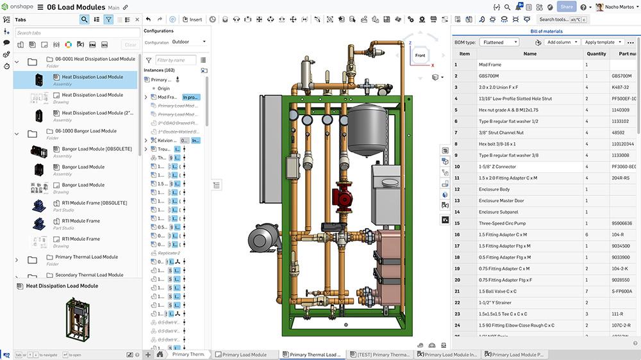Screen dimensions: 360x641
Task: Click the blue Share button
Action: [x=566, y=7]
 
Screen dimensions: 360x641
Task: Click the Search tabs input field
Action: [x=77, y=33]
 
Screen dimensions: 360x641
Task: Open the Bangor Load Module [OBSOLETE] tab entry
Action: [x=96, y=149]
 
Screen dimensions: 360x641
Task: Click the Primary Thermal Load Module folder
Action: [x=86, y=257]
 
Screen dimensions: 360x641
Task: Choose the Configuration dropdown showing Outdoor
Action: [x=189, y=42]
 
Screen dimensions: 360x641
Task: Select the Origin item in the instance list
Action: [x=163, y=88]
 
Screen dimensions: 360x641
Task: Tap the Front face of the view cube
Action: [x=420, y=56]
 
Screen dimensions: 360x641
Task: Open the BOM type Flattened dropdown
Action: [x=499, y=42]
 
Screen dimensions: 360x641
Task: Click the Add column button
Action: [x=562, y=42]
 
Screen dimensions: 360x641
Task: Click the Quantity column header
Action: [x=596, y=54]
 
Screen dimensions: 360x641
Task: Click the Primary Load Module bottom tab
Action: [x=244, y=354]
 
